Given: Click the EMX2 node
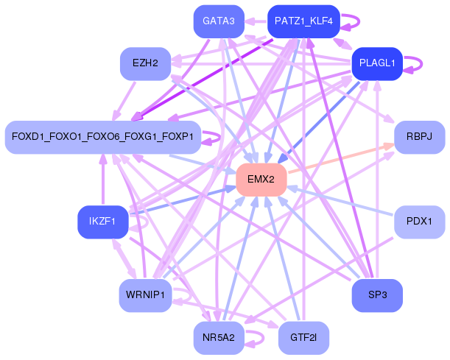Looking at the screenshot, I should click(x=261, y=180).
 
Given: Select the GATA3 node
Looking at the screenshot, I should click(x=219, y=21).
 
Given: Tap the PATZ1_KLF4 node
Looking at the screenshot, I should click(x=303, y=21).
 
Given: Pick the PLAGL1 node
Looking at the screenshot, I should click(x=377, y=63).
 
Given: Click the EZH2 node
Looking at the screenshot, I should click(x=145, y=63).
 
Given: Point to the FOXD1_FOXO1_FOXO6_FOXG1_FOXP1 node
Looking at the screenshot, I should click(x=102, y=137).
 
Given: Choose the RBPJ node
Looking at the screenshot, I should click(x=420, y=137).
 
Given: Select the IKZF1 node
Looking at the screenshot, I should click(x=102, y=222).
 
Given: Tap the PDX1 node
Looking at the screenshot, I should click(x=420, y=222).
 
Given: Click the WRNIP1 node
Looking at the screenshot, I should click(x=145, y=295).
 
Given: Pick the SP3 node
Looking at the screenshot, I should click(x=377, y=295).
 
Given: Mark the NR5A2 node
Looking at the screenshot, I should click(x=219, y=338).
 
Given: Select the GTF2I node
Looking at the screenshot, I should click(x=303, y=338).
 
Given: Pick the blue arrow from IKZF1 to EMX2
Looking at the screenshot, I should click(x=184, y=200).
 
